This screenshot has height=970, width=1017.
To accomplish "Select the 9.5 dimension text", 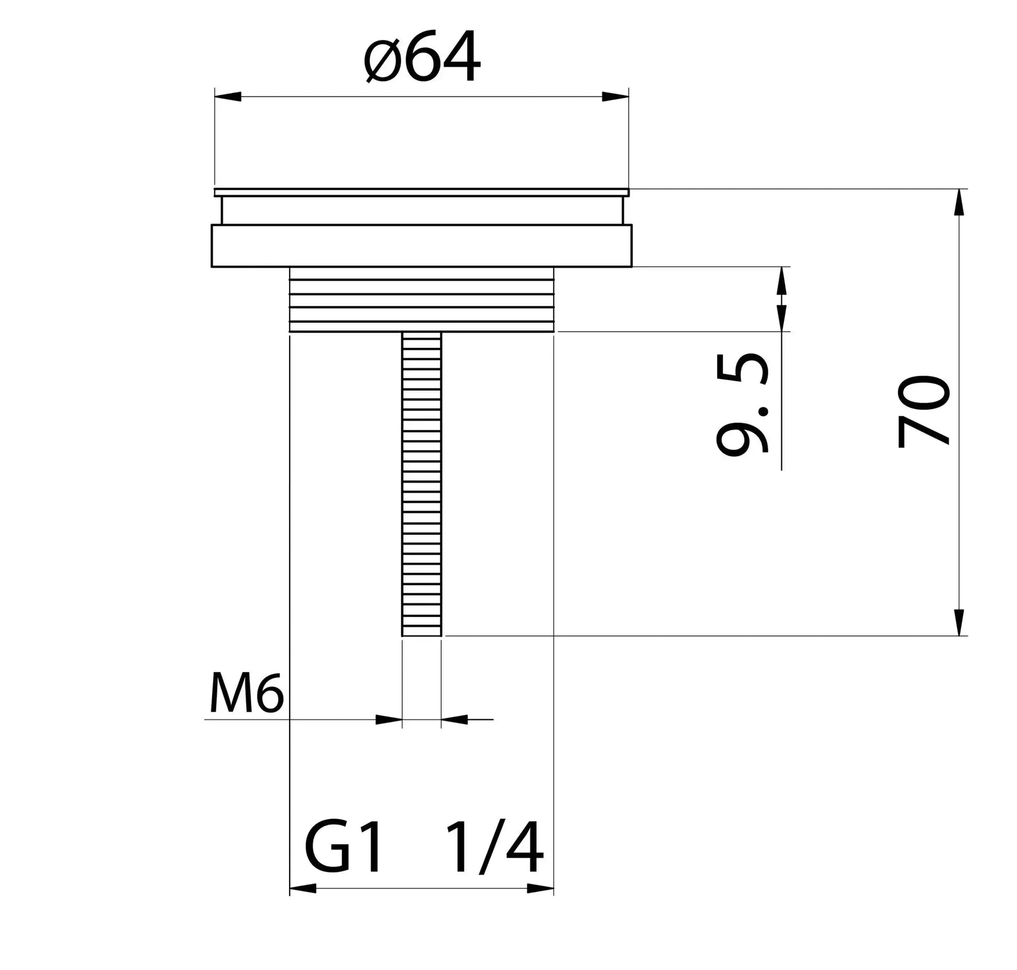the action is [742, 403].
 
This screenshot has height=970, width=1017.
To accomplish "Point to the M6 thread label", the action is [247, 694].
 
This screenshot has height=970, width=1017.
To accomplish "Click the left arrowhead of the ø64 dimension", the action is [228, 97].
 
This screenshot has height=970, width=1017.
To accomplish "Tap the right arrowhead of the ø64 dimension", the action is [615, 97].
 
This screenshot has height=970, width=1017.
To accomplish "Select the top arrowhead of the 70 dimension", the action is [959, 202].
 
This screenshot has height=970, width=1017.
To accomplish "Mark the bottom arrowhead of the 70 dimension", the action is [959, 622].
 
